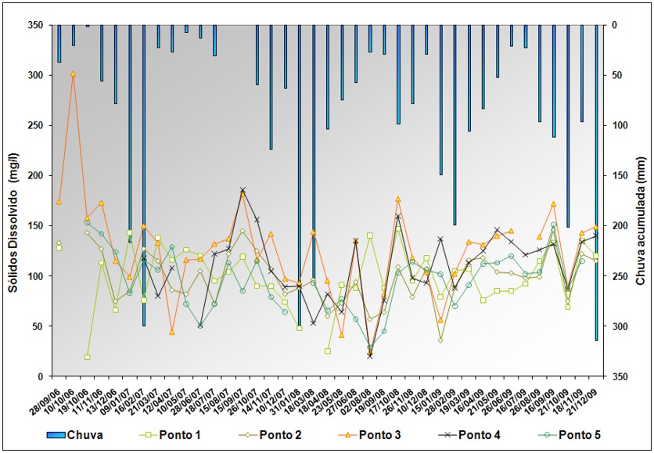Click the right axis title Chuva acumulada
tap(642, 200)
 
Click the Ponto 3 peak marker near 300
tap(73, 74)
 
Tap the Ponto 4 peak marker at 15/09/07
tap(243, 189)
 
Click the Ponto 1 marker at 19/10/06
tap(88, 357)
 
